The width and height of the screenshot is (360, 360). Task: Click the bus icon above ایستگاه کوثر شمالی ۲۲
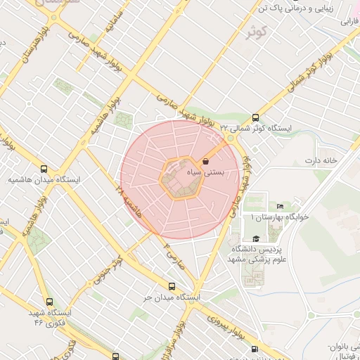pos(255,118)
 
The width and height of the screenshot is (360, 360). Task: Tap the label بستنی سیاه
pos(205,172)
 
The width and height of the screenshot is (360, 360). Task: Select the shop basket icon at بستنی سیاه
pos(205,161)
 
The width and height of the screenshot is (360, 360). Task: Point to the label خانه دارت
pos(321,160)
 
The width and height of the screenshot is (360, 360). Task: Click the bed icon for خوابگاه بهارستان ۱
pos(281,206)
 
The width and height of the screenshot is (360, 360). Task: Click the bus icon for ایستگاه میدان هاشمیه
pos(44,169)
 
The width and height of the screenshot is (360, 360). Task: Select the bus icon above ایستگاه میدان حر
pos(172,286)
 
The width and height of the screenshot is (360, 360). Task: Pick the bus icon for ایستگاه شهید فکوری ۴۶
pos(47,301)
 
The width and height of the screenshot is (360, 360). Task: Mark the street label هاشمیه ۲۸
pos(131,200)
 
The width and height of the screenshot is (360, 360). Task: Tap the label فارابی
pos(349,22)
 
